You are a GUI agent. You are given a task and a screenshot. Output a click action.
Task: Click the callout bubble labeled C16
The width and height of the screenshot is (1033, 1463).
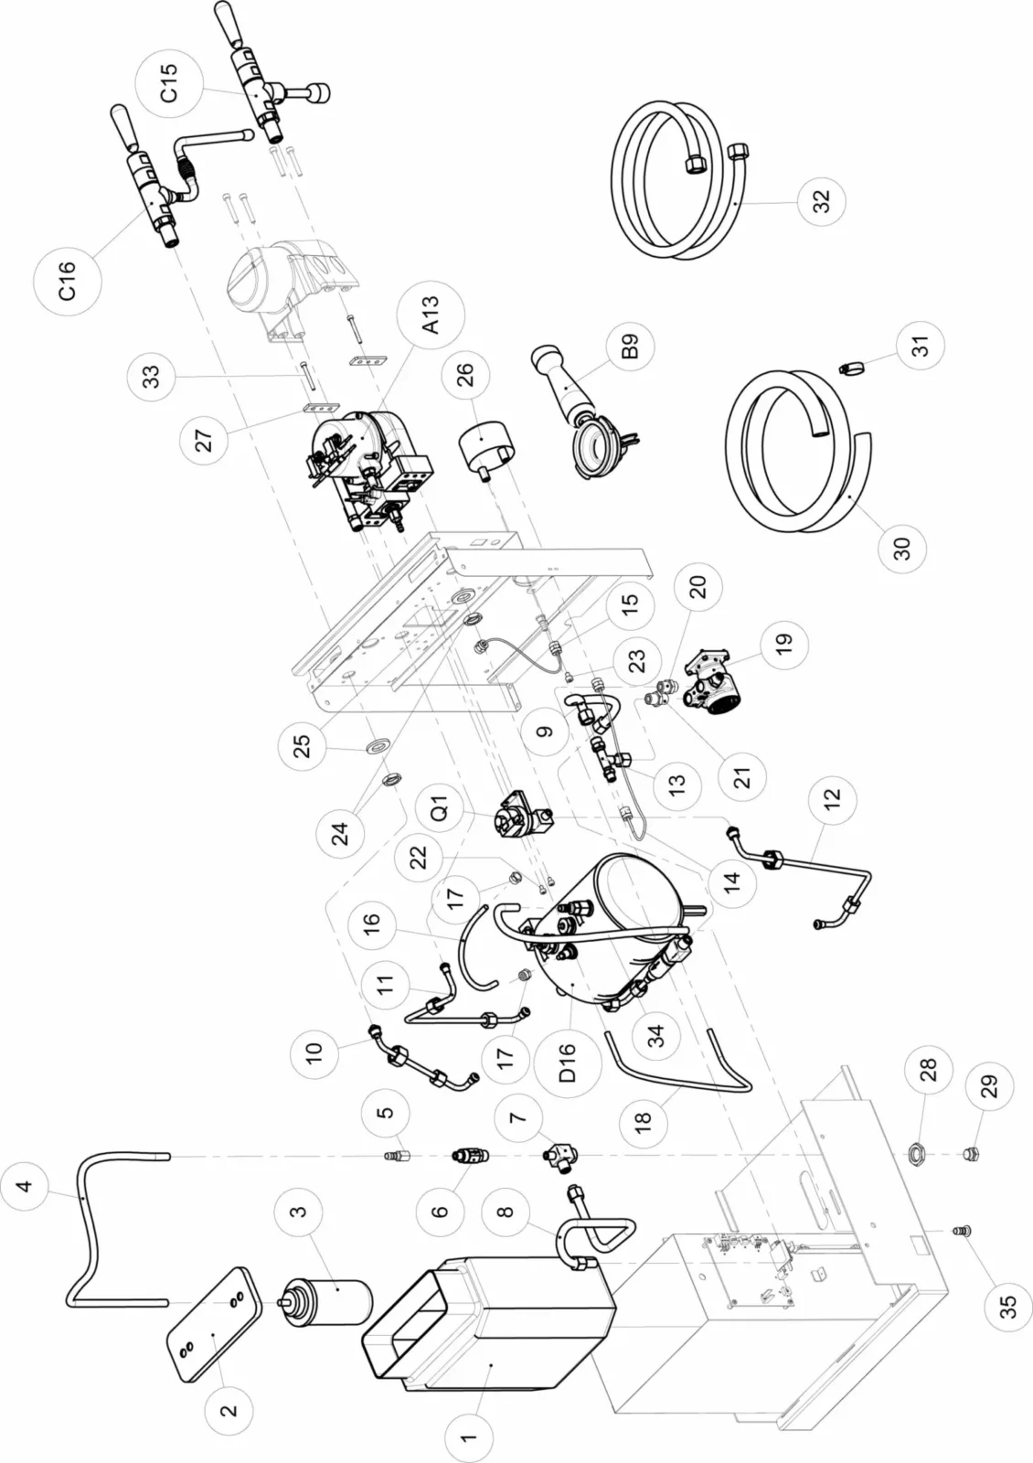tap(67, 280)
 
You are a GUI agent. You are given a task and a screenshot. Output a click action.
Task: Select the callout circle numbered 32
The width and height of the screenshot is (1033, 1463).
tap(820, 201)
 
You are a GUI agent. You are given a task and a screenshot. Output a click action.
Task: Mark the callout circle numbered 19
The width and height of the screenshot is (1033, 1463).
tap(783, 641)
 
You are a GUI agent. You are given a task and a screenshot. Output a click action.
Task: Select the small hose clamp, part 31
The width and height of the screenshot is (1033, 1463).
tap(851, 368)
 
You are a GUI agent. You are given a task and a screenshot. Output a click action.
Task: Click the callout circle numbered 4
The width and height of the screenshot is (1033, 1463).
tap(25, 1186)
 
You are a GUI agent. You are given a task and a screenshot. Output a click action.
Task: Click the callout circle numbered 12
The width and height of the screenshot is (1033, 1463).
tap(831, 797)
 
